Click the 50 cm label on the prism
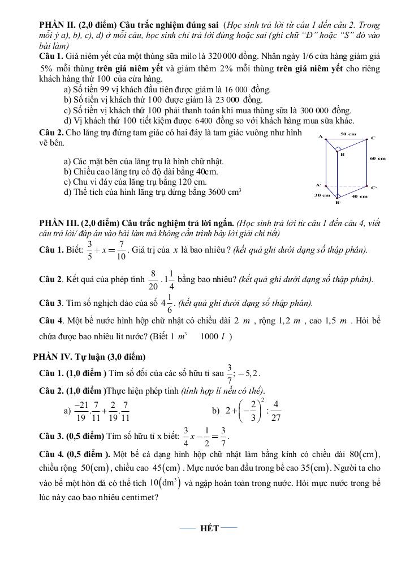pos(349,134)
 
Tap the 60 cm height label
pos(377,159)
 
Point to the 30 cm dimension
pos(322,195)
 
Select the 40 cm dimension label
pos(359,197)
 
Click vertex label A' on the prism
pos(318,185)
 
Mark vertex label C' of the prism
pos(374,187)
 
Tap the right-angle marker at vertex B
pos(338,151)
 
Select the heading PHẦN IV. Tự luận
pos(89,356)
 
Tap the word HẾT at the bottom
pos(209,528)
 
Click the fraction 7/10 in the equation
pos(121,250)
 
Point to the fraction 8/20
pos(153,279)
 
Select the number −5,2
pos(248,373)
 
